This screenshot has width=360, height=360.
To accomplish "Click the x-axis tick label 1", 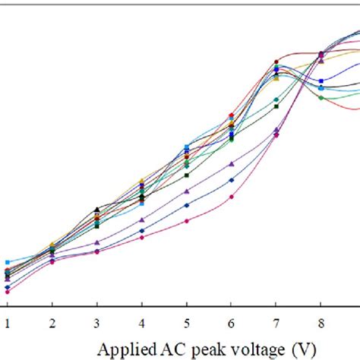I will [x=7, y=322].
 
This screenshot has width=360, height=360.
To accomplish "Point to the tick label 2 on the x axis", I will [x=52, y=322].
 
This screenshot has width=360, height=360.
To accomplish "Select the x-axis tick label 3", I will [x=96, y=322].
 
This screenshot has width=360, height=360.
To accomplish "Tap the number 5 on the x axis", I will [x=186, y=322].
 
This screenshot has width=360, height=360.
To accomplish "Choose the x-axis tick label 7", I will [x=276, y=322].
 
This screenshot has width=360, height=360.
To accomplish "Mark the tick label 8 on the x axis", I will [x=321, y=322].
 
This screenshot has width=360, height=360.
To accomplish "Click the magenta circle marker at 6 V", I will [x=232, y=196].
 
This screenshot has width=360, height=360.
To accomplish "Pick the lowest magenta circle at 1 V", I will [x=7, y=291].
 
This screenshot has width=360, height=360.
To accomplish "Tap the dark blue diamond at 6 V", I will [x=232, y=180].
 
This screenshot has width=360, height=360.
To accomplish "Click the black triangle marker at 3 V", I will [x=96, y=209].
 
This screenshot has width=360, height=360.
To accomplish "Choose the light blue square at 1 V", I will [x=7, y=262].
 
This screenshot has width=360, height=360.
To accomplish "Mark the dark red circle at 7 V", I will [x=276, y=62].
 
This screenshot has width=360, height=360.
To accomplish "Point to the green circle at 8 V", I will [x=321, y=97].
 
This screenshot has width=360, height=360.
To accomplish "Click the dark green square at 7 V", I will [x=276, y=106].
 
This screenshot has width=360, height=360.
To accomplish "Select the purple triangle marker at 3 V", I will [x=96, y=242].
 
